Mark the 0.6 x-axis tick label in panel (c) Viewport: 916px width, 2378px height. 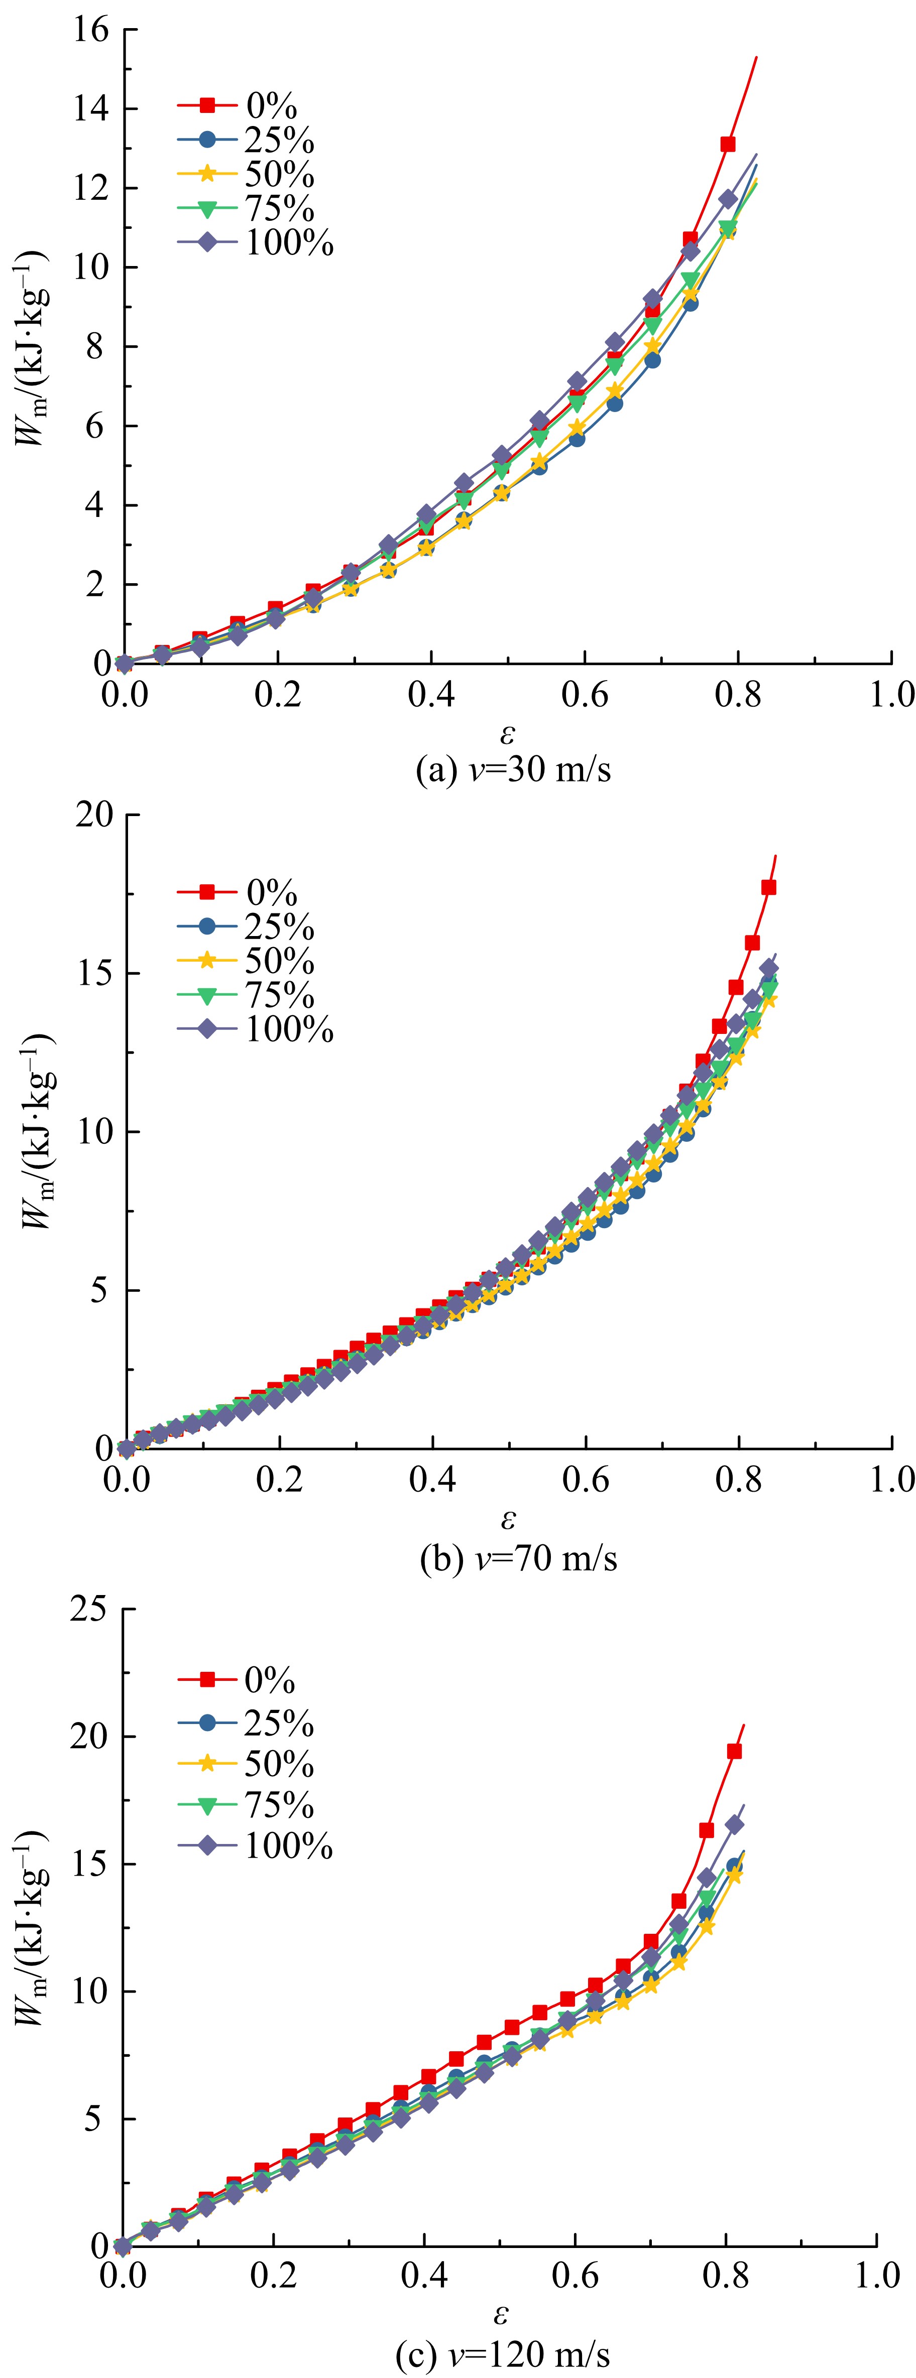[x=575, y=2274]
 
